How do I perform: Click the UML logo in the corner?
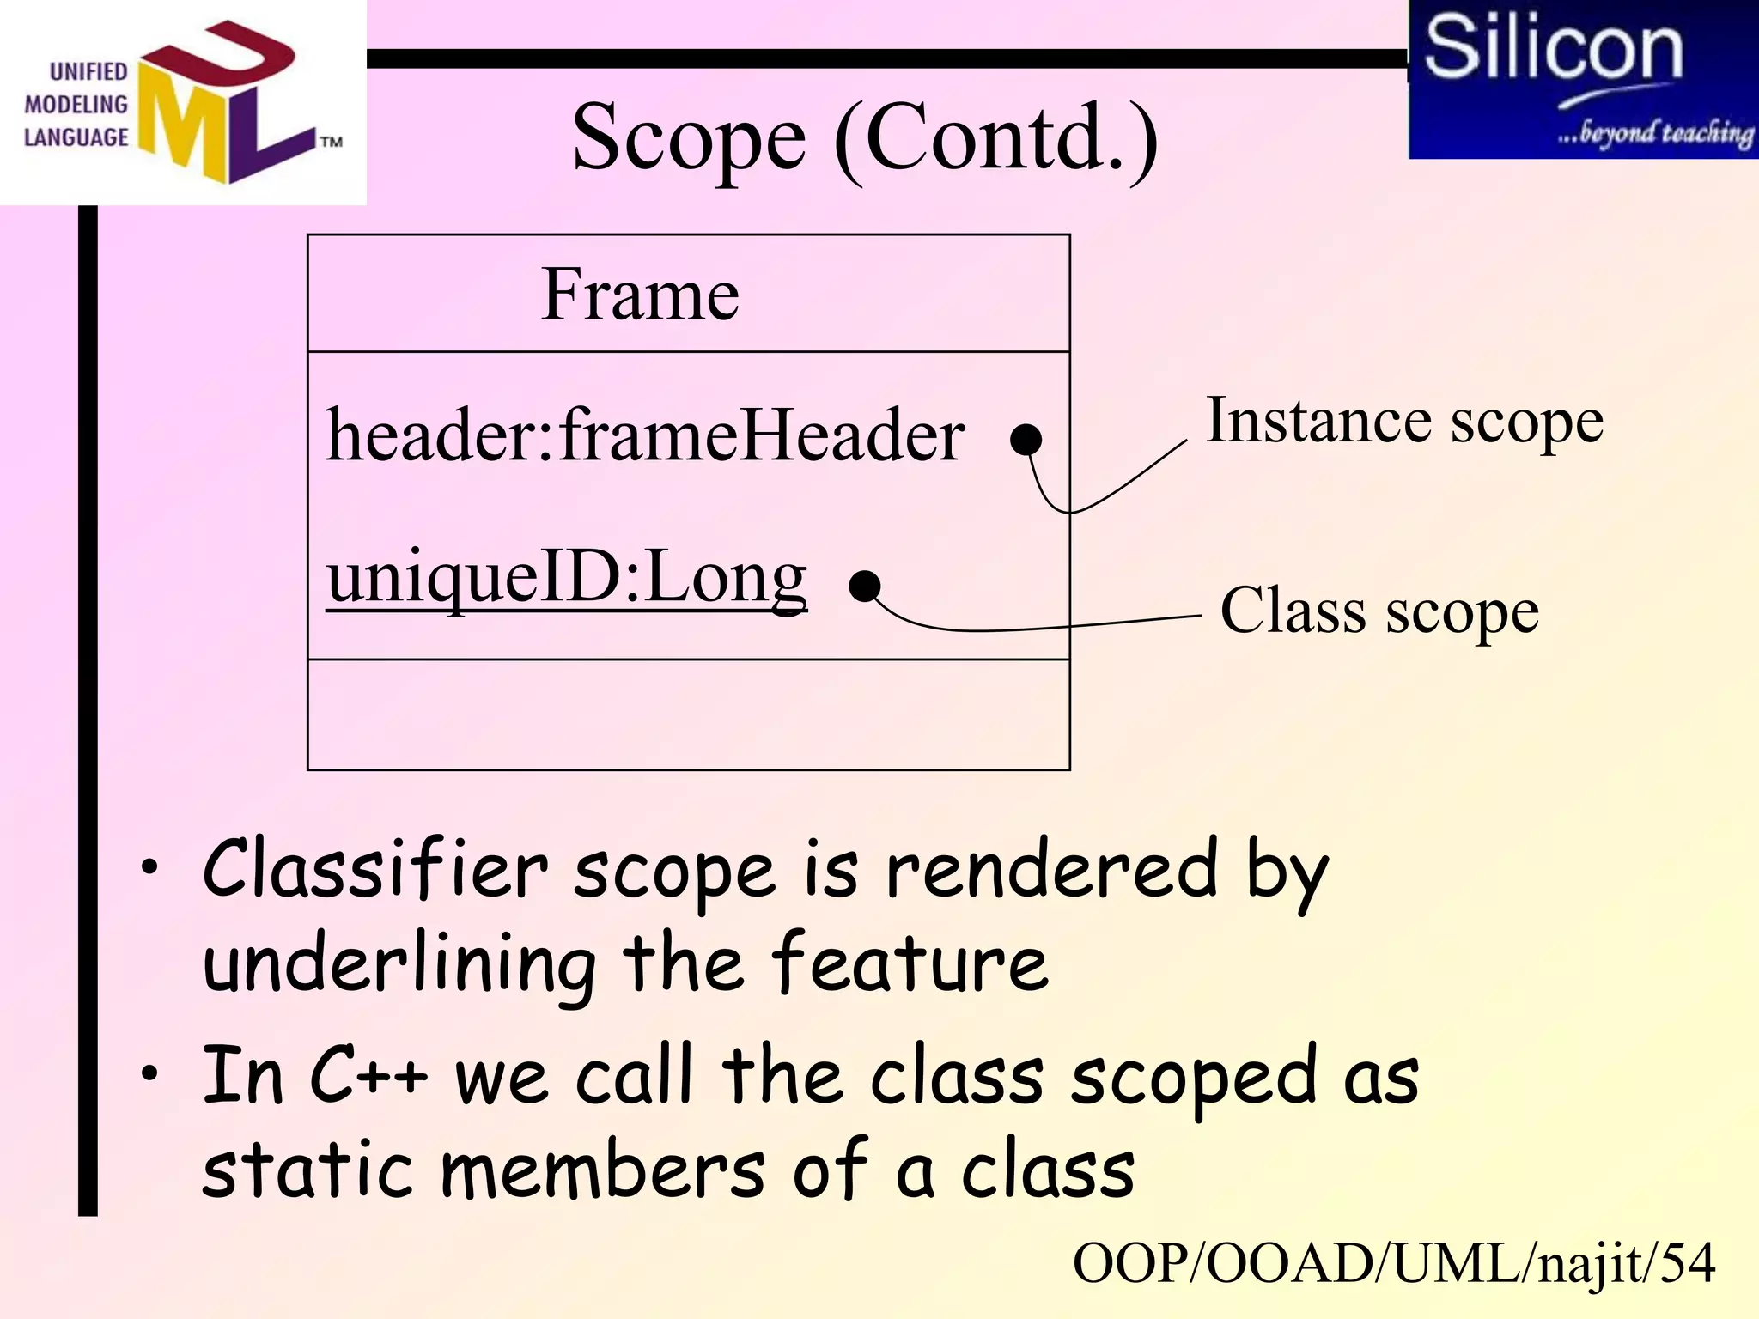(x=183, y=102)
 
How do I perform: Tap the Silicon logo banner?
(x=1582, y=79)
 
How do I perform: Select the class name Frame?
(x=640, y=295)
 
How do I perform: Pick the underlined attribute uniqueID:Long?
(x=567, y=578)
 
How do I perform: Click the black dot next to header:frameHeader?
(x=1026, y=440)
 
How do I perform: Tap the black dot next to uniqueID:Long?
(x=864, y=587)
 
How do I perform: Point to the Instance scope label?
(x=1404, y=422)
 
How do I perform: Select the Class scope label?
(x=1379, y=612)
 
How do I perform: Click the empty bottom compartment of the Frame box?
(x=688, y=714)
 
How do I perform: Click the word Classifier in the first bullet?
(x=375, y=871)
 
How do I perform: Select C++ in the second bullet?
(x=368, y=1077)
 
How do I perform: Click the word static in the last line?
(x=309, y=1172)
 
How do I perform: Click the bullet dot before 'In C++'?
(x=150, y=1073)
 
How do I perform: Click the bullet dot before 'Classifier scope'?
(x=150, y=867)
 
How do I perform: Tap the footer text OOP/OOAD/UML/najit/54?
(x=1393, y=1264)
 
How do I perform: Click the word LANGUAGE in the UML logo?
(x=76, y=137)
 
